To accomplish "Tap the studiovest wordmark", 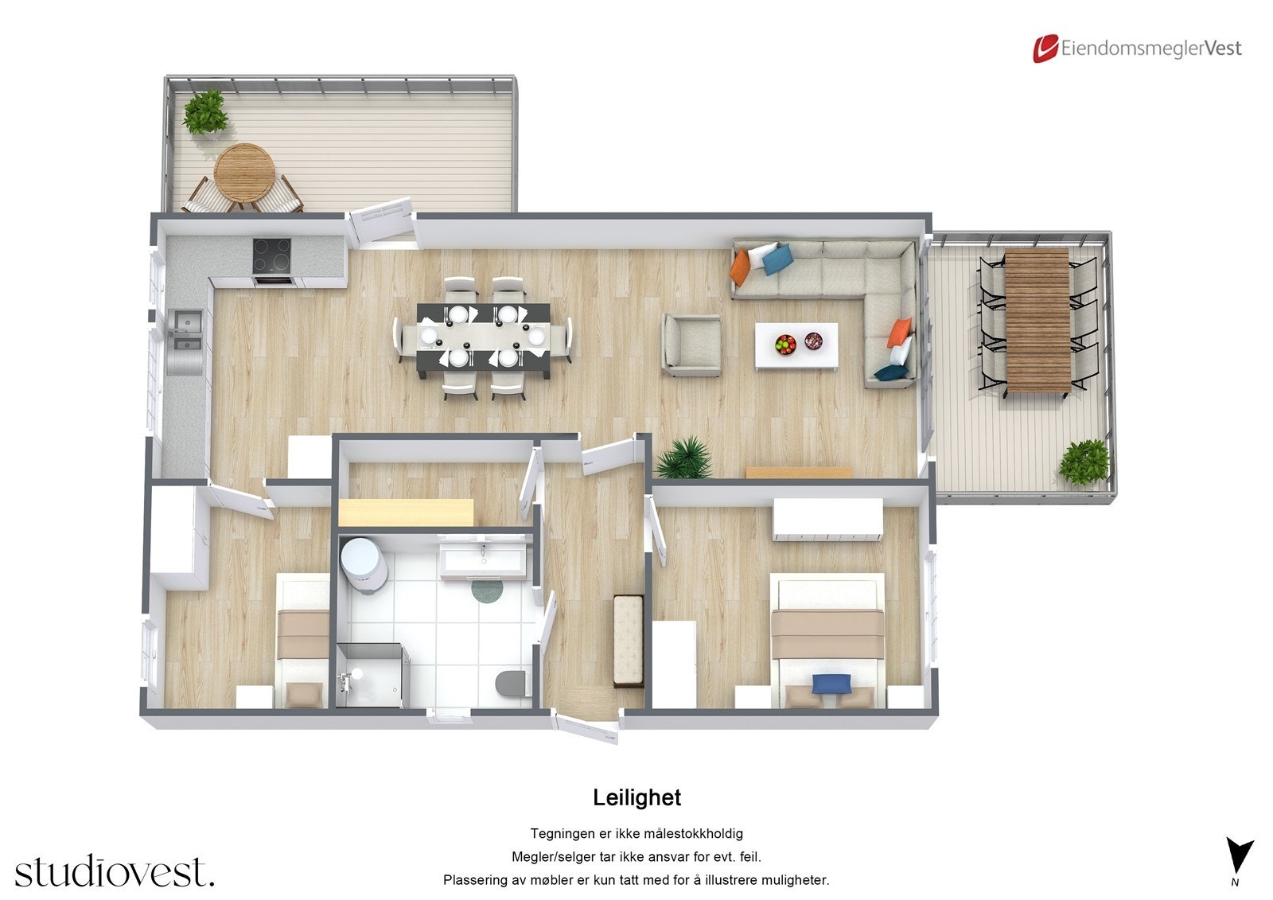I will [x=114, y=871].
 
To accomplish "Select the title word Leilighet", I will [x=636, y=797].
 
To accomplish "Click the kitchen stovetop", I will [x=272, y=256].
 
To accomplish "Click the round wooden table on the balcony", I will [x=244, y=170].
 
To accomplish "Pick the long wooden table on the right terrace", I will [x=1037, y=320].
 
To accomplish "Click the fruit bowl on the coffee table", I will [x=785, y=344].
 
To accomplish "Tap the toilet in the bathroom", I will [x=511, y=684].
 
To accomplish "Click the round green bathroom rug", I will [x=487, y=590].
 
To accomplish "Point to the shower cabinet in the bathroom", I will [x=372, y=675].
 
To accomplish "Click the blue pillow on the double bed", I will [x=831, y=683].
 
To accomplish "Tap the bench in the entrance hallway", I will [x=628, y=641].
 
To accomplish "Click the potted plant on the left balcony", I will [x=206, y=111].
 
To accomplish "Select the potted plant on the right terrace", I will [x=1084, y=462].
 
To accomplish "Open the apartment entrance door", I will [x=586, y=727].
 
